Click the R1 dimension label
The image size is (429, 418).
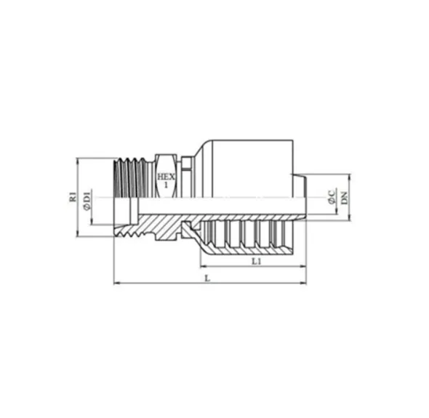point(73,197)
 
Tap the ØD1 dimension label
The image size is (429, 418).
point(87,201)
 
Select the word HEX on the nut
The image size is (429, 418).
point(166,177)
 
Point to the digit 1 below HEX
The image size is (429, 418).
point(166,185)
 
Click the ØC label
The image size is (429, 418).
point(332,196)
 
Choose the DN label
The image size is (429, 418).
point(344,198)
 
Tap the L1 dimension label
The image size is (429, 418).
point(257,261)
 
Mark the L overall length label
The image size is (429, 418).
point(208,278)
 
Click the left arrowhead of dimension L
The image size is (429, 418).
point(117,284)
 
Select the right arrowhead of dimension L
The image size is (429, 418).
point(303,284)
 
